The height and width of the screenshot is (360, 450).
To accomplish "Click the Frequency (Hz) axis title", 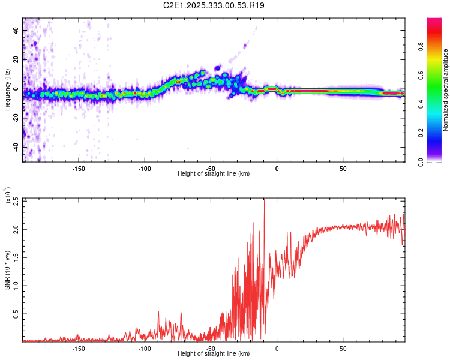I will (7, 90).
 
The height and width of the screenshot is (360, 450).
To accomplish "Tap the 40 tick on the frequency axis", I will (17, 30).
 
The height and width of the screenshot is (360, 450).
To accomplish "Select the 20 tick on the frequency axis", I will (17, 59).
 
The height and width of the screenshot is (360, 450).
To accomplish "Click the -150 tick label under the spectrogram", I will (78, 169).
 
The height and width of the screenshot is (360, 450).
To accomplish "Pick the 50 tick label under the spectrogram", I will (343, 169).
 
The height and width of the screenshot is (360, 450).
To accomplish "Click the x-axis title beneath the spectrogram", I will (214, 174).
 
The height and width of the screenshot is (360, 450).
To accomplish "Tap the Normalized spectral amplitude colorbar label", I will (446, 90).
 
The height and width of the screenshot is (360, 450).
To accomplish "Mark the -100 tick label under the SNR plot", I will (144, 349).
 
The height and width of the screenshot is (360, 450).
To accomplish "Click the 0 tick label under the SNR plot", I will (277, 349).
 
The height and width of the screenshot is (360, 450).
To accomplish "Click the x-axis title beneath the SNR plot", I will (214, 354).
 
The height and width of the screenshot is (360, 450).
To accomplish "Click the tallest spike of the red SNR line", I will (264, 200).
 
